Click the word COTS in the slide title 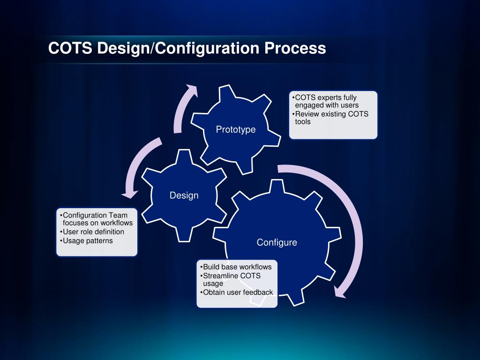tap(71, 48)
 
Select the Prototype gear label tap(236, 130)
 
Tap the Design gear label tap(184, 195)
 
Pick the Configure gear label tap(277, 242)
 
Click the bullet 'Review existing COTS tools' tap(331, 118)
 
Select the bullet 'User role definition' tap(93, 232)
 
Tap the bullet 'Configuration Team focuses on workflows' tap(96, 219)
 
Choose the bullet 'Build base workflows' tap(236, 267)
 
